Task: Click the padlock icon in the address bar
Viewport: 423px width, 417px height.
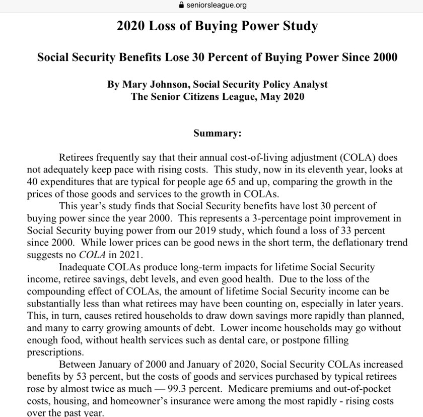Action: (175, 6)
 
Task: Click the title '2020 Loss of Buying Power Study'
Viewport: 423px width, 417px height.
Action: (217, 26)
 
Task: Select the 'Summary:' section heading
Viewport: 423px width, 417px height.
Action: (218, 134)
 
